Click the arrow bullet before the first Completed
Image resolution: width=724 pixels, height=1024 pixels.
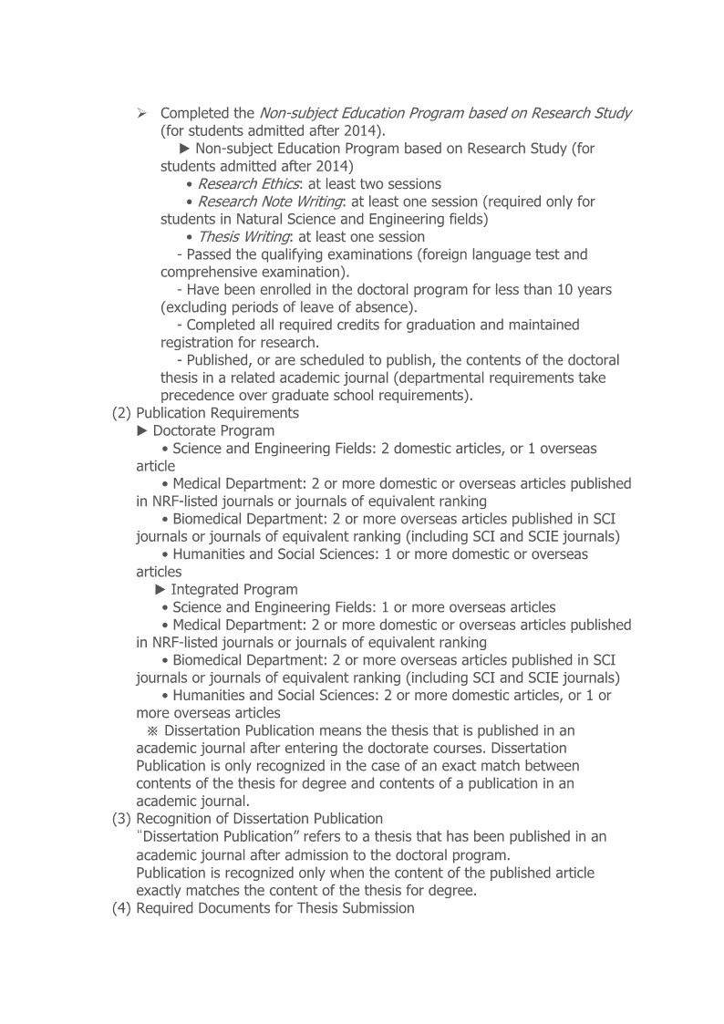pos(142,113)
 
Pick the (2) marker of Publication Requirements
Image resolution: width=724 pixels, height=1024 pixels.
pos(122,412)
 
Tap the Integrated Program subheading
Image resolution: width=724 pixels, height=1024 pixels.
pos(233,589)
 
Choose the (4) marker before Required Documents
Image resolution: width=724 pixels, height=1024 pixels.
pos(122,908)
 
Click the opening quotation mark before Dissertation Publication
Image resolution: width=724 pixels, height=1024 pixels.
pos(140,835)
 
